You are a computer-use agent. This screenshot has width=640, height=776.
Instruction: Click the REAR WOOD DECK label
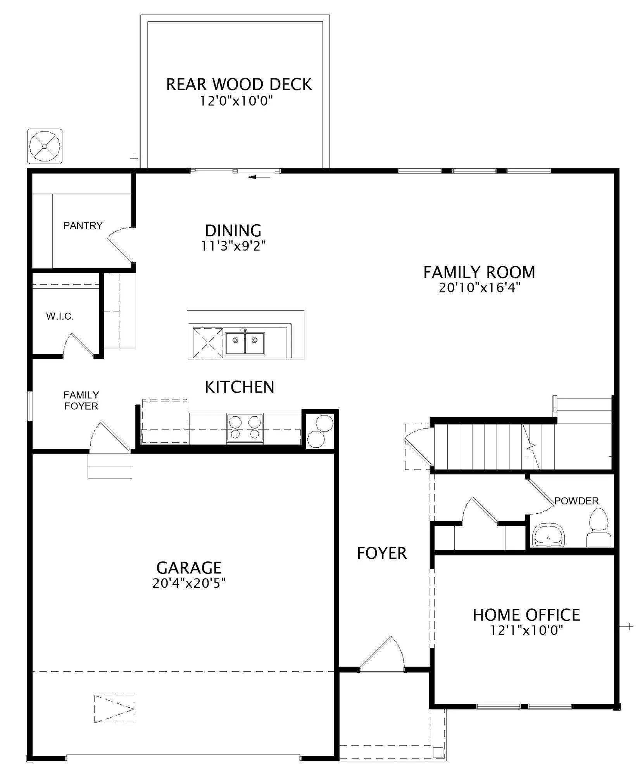point(239,85)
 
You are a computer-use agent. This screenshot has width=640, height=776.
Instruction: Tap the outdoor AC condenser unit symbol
point(45,146)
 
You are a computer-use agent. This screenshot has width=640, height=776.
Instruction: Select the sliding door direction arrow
point(259,177)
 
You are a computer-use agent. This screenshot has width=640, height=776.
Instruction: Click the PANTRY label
point(83,225)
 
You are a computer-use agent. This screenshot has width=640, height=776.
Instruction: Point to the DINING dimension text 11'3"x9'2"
point(233,246)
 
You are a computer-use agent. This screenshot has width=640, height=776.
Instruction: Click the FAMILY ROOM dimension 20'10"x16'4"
point(479,288)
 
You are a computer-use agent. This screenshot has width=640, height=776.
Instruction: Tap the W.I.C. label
point(60,316)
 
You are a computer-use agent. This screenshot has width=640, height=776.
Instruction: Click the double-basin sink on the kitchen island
point(245,343)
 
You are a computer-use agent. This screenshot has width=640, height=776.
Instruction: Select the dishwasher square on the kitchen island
point(208,343)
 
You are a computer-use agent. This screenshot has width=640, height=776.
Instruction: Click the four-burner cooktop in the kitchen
point(245,428)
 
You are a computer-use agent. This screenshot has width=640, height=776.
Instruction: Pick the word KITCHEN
point(240,387)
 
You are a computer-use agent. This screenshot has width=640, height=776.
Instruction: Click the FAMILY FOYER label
point(81,400)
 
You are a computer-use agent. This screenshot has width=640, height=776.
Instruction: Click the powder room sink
point(549,535)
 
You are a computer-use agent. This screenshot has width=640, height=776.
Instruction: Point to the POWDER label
point(576,501)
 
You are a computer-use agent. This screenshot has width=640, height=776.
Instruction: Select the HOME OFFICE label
point(526,615)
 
